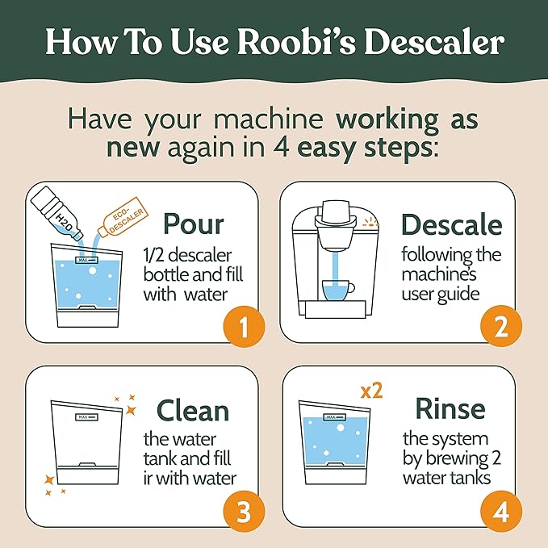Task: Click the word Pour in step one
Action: (x=194, y=224)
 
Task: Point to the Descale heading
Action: (x=451, y=224)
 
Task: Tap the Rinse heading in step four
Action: (x=450, y=408)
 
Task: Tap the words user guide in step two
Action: (x=441, y=293)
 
